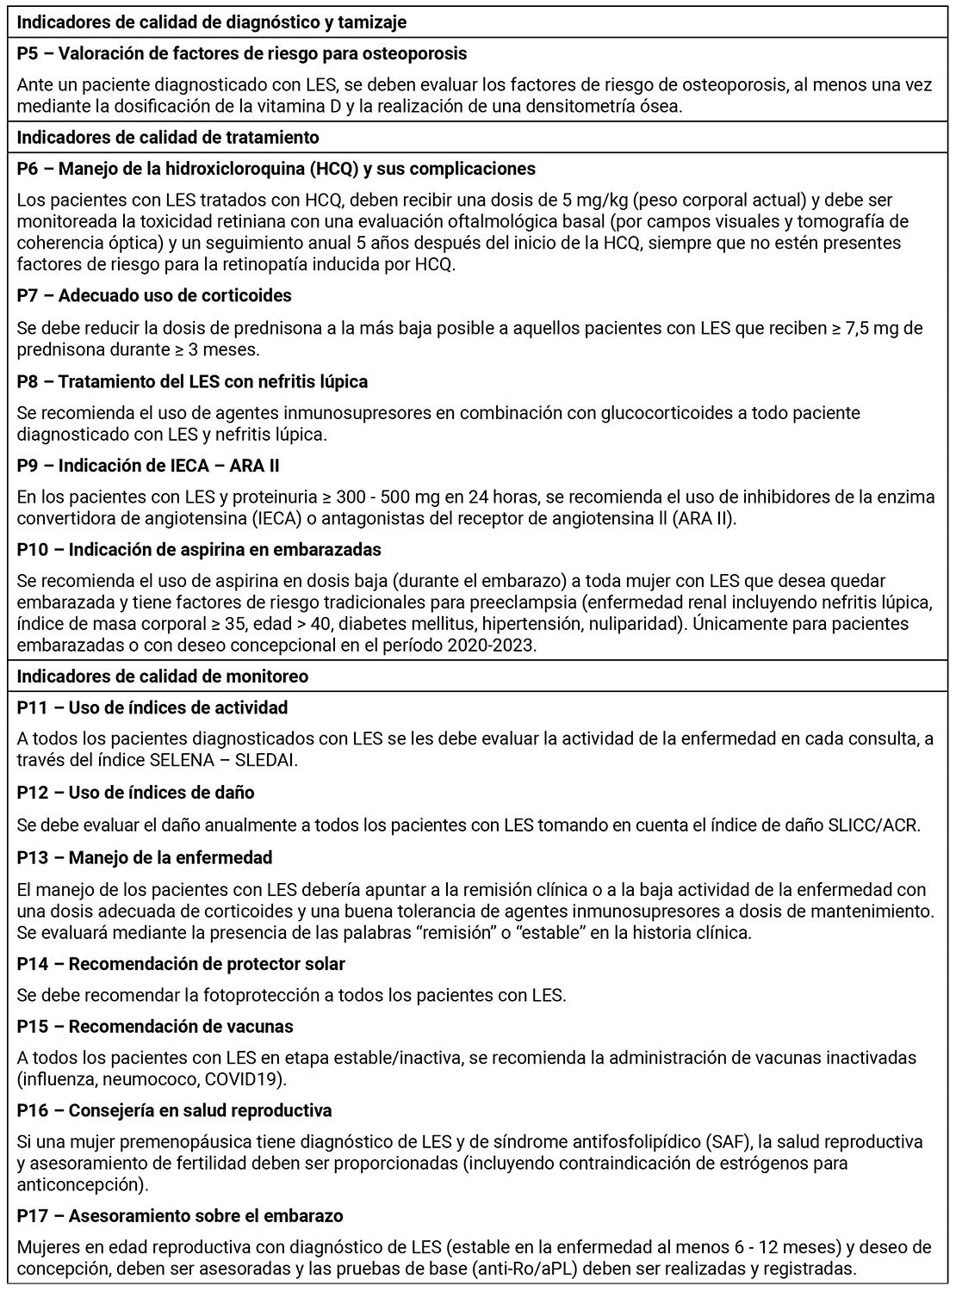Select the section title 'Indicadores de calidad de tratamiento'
click(x=168, y=137)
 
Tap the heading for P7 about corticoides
click(x=154, y=295)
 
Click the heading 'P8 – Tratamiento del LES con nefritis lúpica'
click(x=192, y=380)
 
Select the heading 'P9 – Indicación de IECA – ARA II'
click(x=148, y=466)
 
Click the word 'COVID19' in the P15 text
click(x=251, y=1078)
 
